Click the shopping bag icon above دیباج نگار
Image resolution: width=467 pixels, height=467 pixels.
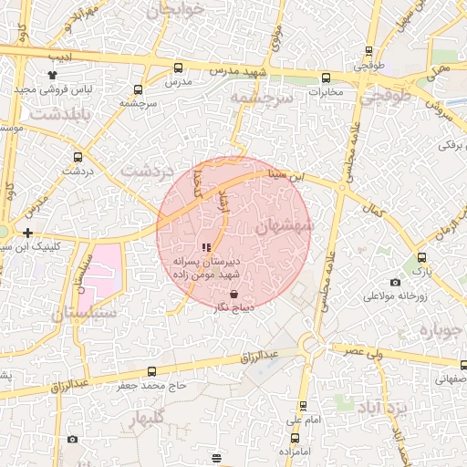pyautogui.click(x=235, y=295)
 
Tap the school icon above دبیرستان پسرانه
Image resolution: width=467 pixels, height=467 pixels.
pyautogui.click(x=205, y=247)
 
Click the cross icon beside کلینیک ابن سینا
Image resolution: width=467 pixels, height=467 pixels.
pyautogui.click(x=28, y=233)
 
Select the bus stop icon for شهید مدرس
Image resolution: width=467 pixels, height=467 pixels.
pyautogui.click(x=177, y=67)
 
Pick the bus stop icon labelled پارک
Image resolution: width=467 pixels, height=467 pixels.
pyautogui.click(x=422, y=258)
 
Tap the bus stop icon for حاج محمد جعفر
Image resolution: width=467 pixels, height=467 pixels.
pyautogui.click(x=151, y=371)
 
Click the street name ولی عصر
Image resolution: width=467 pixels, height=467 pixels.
pyautogui.click(x=369, y=349)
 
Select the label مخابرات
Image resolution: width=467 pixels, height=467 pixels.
pyautogui.click(x=325, y=92)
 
